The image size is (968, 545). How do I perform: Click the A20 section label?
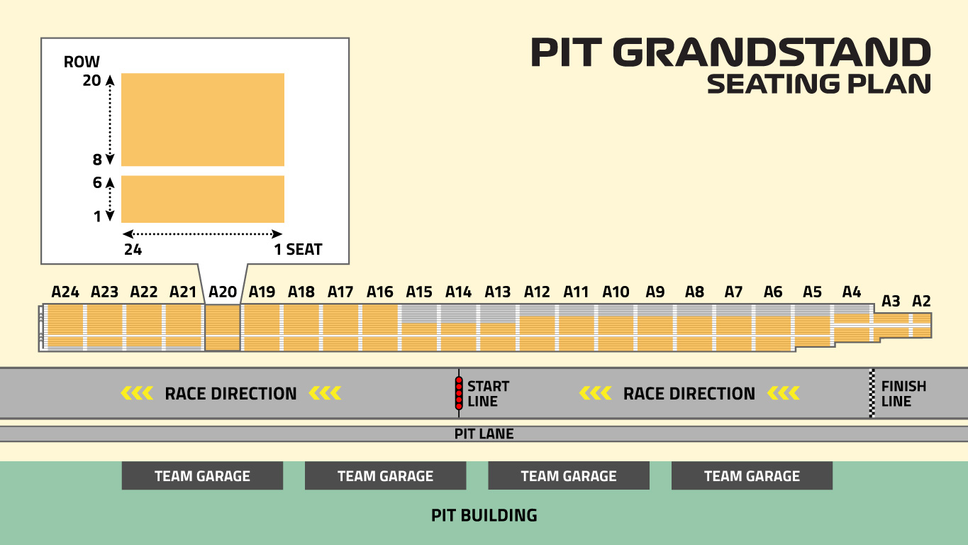(223, 292)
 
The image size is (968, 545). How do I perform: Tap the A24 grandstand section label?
(65, 292)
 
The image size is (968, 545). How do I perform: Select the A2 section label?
(921, 301)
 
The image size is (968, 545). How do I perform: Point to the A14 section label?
(459, 292)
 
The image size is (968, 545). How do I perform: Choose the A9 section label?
(655, 292)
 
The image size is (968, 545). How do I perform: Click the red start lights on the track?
(459, 393)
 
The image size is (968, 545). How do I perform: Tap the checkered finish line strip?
(872, 393)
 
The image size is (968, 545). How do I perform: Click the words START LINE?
(489, 394)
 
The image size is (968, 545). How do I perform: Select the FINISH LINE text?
(903, 394)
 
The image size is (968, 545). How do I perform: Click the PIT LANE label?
(484, 434)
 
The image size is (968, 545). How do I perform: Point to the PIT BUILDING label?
(484, 515)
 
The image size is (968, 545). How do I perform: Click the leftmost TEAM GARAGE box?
(202, 475)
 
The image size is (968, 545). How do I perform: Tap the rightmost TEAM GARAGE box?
(752, 475)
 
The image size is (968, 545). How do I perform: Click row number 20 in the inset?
(91, 80)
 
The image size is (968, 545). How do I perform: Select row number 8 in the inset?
(97, 160)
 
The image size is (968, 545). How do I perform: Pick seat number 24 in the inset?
(133, 250)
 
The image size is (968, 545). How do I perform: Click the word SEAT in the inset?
(304, 250)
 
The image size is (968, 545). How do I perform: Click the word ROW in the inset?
(82, 62)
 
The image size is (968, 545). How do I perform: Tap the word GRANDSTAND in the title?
(772, 53)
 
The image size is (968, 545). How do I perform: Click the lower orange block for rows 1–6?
(203, 199)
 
